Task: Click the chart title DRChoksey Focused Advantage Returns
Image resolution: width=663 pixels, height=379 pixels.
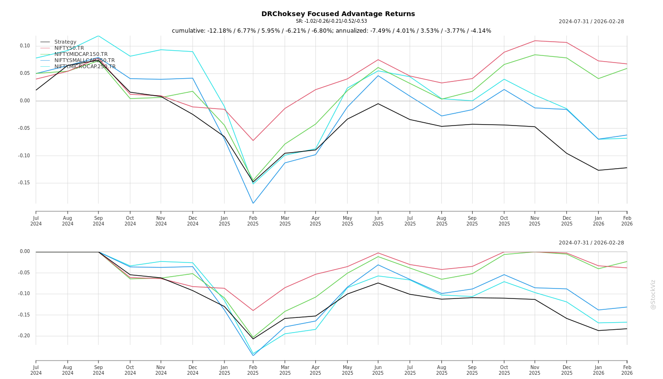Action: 338,14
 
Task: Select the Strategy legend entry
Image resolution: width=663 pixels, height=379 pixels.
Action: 65,42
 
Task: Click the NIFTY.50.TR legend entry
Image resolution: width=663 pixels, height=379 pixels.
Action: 69,48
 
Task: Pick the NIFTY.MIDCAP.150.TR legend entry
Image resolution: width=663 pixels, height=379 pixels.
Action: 81,54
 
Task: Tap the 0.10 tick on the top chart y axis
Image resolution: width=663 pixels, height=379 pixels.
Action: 25,46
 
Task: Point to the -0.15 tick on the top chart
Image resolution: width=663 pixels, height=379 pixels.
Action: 24,183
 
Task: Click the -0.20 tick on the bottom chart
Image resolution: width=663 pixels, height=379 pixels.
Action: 24,336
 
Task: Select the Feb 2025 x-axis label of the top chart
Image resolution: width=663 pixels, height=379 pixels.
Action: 253,221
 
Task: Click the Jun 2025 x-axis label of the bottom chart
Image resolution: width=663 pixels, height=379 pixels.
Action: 378,370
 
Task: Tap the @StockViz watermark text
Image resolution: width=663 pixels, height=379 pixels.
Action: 653,294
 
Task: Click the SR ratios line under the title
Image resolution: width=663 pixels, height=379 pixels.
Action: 331,21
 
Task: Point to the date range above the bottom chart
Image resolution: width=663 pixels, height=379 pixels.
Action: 591,243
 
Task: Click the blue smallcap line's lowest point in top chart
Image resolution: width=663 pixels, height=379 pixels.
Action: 253,203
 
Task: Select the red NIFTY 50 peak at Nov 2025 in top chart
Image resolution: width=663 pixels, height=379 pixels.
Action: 535,41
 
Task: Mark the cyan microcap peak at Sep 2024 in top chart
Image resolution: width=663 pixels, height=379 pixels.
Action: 99,36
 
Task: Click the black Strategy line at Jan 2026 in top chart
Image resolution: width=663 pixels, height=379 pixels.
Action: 598,170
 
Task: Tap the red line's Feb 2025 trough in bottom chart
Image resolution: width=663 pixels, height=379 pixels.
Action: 253,311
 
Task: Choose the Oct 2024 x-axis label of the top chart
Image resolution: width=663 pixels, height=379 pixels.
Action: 130,221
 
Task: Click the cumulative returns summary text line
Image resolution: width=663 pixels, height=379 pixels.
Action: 331,31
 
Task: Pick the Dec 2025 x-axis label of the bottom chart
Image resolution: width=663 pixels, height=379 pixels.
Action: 566,370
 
